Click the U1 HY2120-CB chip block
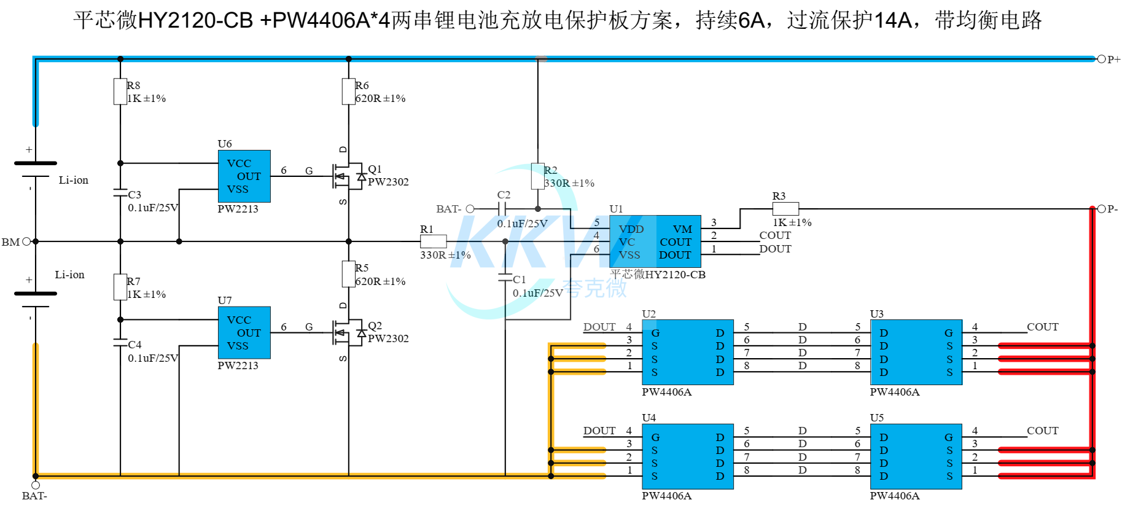[655, 241]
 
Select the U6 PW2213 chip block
[244, 176]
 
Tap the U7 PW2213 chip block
[244, 333]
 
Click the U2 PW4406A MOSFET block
[688, 353]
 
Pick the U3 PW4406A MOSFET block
[916, 353]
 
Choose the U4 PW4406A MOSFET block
[688, 456]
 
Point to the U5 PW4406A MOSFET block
[916, 456]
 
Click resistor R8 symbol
[120, 92]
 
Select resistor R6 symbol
[349, 92]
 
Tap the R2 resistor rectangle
[538, 176]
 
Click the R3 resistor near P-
[785, 209]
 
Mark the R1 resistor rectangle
[434, 241]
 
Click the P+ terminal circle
[1101, 59]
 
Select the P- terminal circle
[1101, 209]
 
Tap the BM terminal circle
[26, 241]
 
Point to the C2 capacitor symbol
[502, 209]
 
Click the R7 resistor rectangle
[120, 287]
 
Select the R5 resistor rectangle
[349, 274]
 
